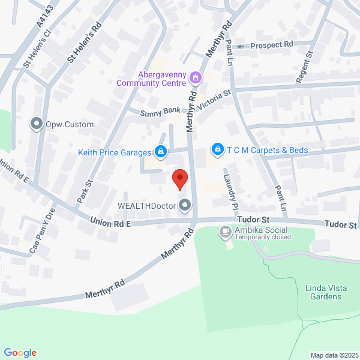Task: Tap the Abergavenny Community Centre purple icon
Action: tap(195, 77)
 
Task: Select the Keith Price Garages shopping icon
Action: tap(161, 152)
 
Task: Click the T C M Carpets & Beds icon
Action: tap(217, 149)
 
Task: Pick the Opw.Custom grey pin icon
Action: tap(37, 124)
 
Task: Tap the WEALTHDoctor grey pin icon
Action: tap(185, 206)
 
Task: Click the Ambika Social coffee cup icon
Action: tap(225, 230)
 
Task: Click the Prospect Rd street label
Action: tap(272, 45)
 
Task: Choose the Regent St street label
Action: tap(305, 66)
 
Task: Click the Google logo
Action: tap(20, 353)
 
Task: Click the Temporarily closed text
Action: tap(263, 237)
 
